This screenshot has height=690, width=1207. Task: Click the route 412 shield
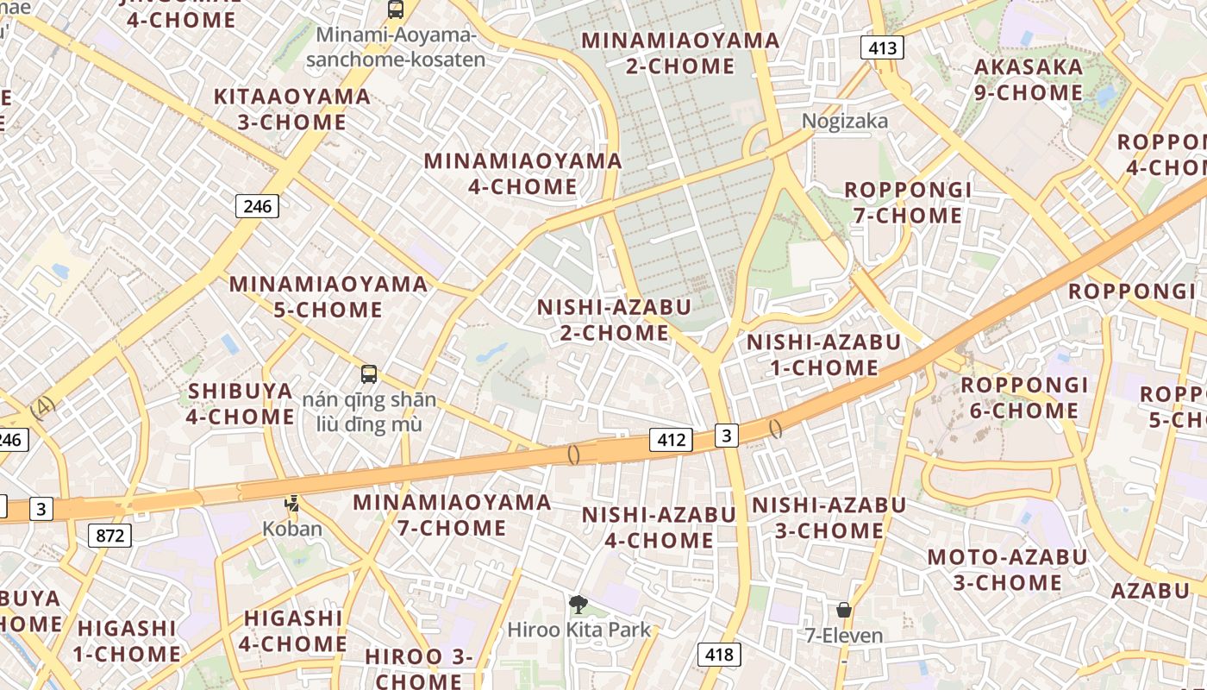671,440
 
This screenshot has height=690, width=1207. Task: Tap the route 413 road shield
883,47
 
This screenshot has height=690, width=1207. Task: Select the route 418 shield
718,655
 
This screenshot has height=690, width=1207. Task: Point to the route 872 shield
109,536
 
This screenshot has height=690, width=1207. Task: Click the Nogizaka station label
844,121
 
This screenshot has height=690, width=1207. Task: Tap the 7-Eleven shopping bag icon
844,610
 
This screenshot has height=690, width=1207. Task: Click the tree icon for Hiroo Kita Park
578,605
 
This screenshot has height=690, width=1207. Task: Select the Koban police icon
292,504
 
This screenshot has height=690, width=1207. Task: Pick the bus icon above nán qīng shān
369,374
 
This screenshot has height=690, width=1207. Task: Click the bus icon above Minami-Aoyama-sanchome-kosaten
396,9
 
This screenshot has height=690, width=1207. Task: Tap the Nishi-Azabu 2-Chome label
614,320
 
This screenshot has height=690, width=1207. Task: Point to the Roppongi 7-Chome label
908,203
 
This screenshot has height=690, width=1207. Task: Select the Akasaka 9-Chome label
1029,79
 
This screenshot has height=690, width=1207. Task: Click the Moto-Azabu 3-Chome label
1007,570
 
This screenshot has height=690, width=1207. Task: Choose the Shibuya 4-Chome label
241,404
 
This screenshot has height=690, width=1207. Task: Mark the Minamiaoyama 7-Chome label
452,515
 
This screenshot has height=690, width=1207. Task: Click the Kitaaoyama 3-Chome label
292,110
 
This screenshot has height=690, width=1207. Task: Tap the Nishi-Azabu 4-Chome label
659,528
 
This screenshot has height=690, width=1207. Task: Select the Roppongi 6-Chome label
1024,398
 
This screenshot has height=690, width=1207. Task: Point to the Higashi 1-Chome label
127,641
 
